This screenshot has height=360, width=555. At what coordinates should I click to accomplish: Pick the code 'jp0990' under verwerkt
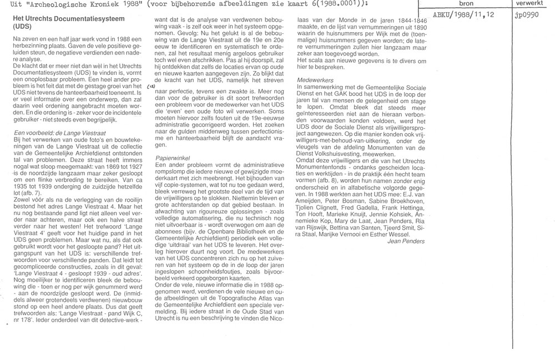(x=528, y=17)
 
